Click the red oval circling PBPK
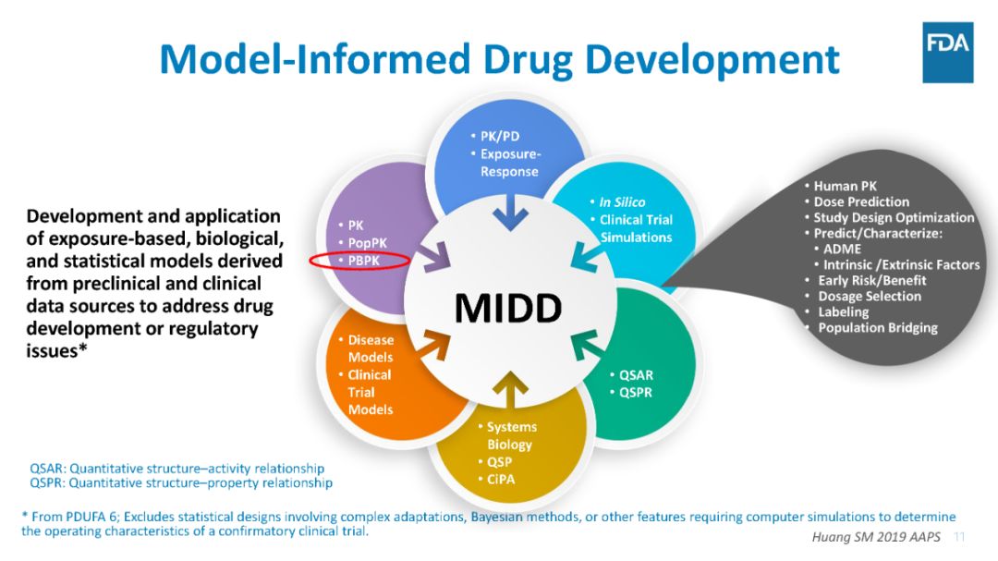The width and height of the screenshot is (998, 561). click(359, 261)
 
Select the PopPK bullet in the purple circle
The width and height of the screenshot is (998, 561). click(366, 242)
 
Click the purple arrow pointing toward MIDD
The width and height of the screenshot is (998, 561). click(436, 257)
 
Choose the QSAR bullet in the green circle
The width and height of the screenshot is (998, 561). click(635, 375)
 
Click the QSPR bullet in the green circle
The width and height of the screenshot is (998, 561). click(635, 393)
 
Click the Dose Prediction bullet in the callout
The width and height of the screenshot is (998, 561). click(860, 201)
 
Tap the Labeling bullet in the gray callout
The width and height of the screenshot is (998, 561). click(843, 311)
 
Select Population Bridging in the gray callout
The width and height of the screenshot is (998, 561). click(877, 327)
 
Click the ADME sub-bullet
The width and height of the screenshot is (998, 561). click(842, 249)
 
